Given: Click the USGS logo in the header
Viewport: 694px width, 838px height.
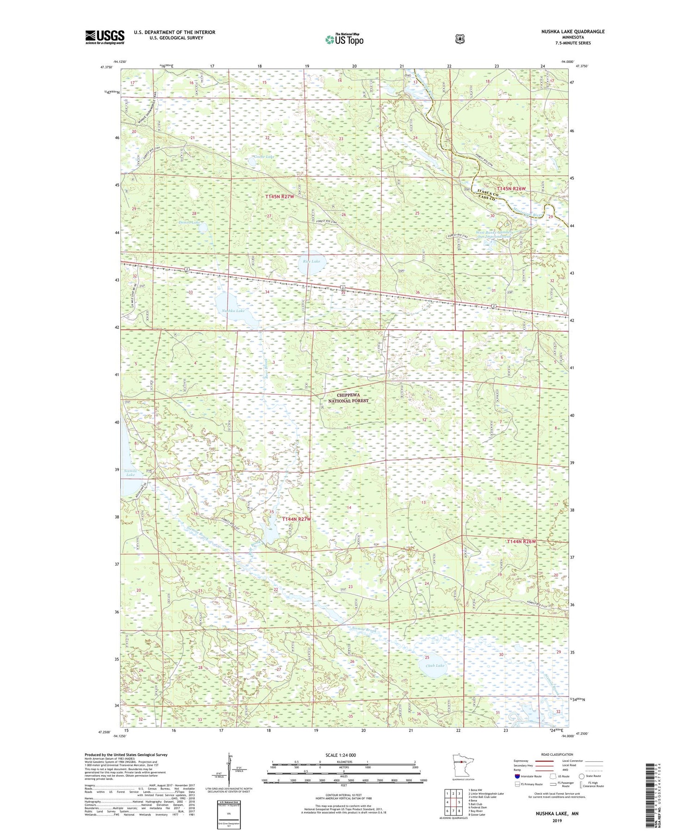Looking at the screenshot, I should (x=105, y=37).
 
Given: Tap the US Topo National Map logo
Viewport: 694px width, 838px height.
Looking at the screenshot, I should (x=344, y=39).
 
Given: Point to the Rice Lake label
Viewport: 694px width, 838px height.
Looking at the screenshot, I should (x=311, y=261).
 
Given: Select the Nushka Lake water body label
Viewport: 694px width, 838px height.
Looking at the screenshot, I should (x=233, y=311).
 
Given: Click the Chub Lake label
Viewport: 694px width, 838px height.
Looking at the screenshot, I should (x=435, y=666).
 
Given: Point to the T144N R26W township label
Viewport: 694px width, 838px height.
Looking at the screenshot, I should (x=521, y=541).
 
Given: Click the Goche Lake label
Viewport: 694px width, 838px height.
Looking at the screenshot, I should (x=264, y=157).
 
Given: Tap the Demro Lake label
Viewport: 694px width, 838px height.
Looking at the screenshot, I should (x=189, y=222).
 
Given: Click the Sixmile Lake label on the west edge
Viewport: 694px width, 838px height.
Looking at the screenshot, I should (x=130, y=472).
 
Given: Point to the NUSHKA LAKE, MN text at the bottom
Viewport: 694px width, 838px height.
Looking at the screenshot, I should (x=557, y=813).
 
